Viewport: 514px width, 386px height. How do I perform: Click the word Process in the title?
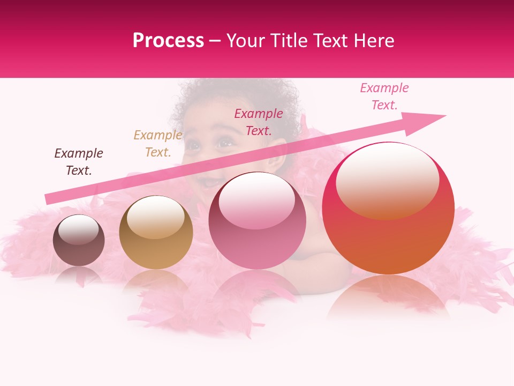[168, 41]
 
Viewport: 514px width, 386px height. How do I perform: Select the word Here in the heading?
[374, 41]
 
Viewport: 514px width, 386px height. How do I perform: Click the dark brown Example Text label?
[79, 162]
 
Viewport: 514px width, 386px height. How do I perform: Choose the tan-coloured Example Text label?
[158, 144]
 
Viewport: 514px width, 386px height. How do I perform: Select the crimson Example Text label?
[259, 122]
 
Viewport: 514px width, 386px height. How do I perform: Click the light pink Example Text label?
[384, 96]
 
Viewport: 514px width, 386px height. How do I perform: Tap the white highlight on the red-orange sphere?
[388, 180]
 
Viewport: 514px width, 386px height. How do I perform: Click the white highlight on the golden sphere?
[155, 216]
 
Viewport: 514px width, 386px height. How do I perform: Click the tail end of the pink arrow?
[49, 198]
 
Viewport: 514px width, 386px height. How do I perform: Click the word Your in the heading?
[247, 41]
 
